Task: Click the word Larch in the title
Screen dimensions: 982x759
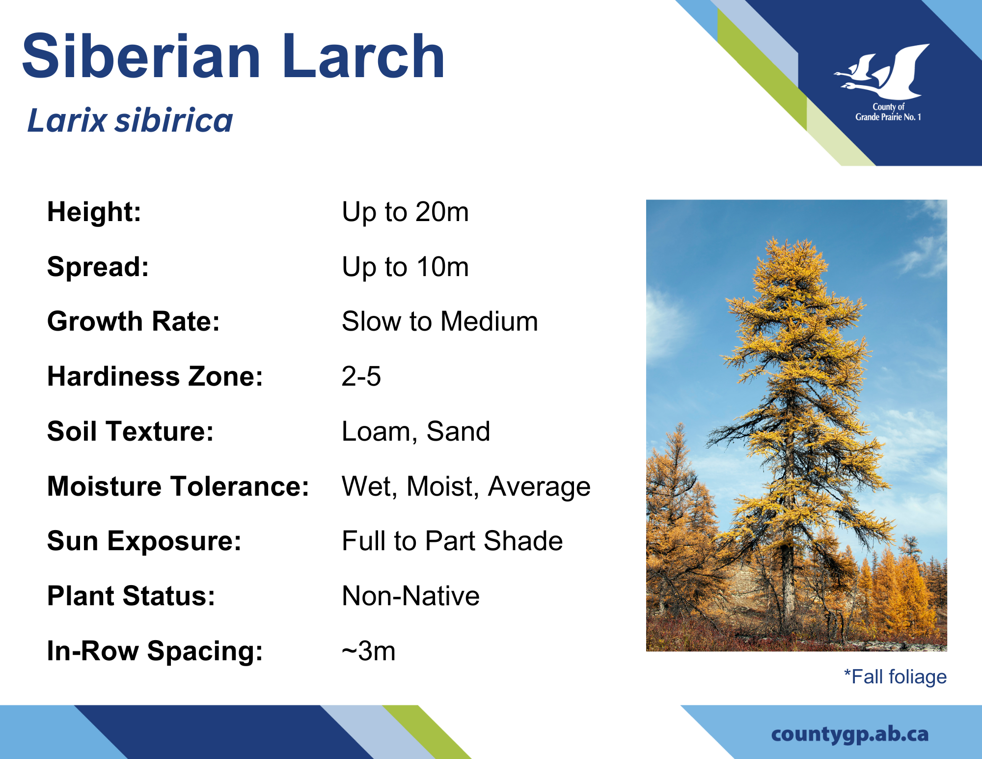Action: tap(363, 56)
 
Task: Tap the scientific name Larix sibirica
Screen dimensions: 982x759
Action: tap(130, 120)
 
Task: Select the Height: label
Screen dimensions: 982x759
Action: tap(94, 212)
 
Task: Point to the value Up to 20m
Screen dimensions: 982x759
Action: tap(405, 212)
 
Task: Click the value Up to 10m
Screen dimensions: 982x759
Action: tap(405, 267)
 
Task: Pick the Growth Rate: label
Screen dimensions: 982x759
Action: tap(134, 322)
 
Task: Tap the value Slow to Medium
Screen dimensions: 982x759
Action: tap(440, 322)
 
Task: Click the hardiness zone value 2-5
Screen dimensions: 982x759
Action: tap(361, 377)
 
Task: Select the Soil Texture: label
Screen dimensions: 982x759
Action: tap(131, 431)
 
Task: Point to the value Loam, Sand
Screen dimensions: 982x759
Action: tap(416, 432)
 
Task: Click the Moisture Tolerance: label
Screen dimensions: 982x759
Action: tap(178, 486)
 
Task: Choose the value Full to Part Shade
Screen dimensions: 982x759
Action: tap(452, 541)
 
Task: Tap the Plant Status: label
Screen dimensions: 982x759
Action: tap(131, 596)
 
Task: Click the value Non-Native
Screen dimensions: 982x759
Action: tap(410, 596)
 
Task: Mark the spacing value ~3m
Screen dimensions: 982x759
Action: tap(369, 651)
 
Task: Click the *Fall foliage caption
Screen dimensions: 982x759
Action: tap(895, 677)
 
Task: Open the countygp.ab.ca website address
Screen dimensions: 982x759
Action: tap(850, 734)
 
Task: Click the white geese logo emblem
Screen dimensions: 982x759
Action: tap(882, 72)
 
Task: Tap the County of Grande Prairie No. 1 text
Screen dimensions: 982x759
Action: tap(888, 112)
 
